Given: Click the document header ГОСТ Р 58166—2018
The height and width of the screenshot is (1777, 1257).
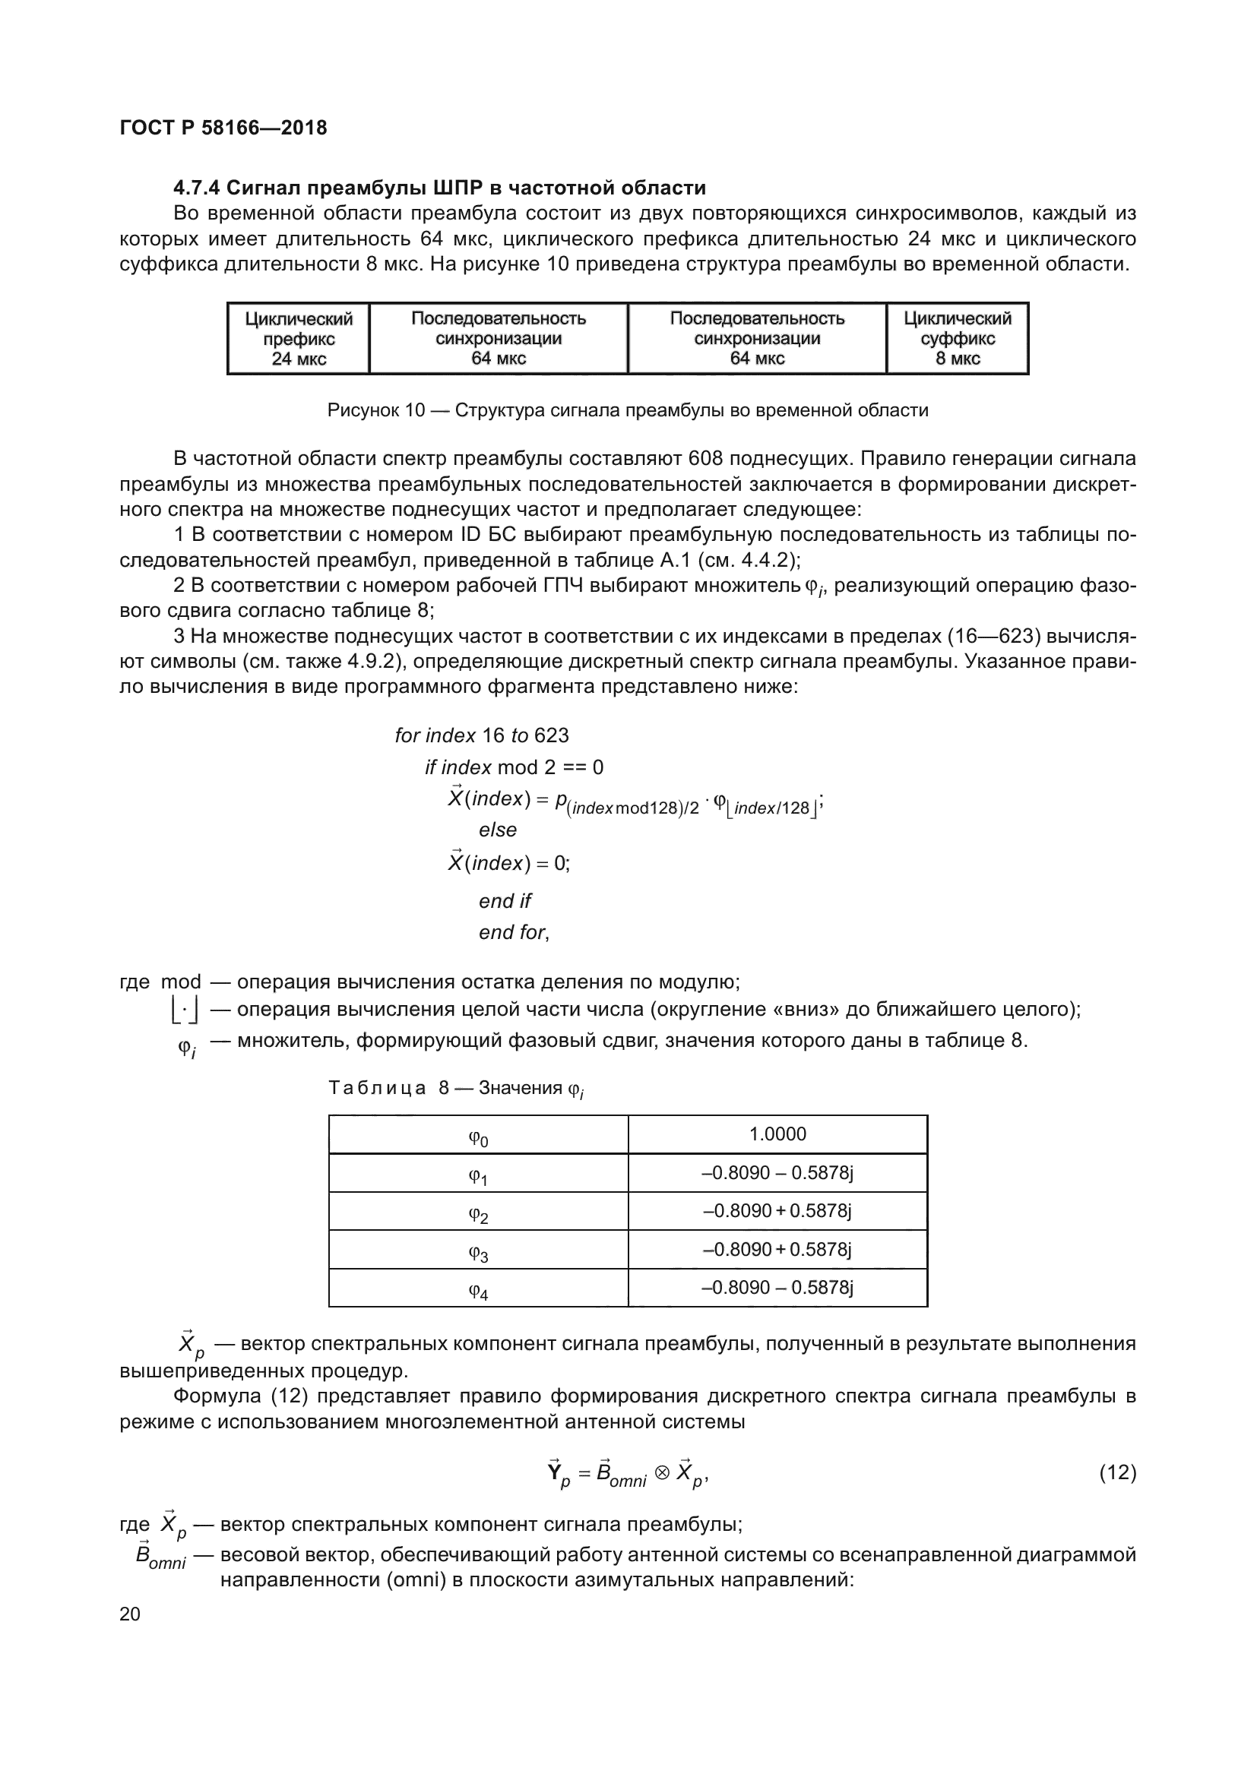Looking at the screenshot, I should tap(223, 128).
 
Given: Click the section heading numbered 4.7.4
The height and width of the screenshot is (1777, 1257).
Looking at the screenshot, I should tap(439, 188).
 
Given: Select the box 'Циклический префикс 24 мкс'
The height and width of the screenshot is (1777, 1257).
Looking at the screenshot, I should tap(299, 339).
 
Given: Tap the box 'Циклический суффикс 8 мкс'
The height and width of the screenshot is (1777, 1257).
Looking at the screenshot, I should tap(958, 339).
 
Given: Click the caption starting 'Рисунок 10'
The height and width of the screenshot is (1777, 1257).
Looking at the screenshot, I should tap(628, 410).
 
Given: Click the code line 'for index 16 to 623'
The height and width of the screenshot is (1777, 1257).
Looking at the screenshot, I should tap(481, 735).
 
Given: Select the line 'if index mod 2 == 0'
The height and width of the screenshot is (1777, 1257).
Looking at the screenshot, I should tap(514, 767).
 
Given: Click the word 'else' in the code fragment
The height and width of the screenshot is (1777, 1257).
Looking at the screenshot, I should tap(498, 830).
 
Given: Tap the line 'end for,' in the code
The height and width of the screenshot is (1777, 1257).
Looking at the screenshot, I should tap(514, 933).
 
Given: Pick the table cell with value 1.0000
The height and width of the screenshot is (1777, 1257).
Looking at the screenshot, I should tap(777, 1134).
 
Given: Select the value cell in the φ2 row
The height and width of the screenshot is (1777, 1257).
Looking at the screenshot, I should tap(777, 1210).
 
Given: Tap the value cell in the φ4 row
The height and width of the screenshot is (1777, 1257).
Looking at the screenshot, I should tap(777, 1287).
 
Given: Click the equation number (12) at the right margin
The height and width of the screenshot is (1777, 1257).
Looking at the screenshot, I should tap(1118, 1473).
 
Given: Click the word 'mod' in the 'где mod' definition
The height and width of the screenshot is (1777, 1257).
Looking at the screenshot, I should tap(180, 982).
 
